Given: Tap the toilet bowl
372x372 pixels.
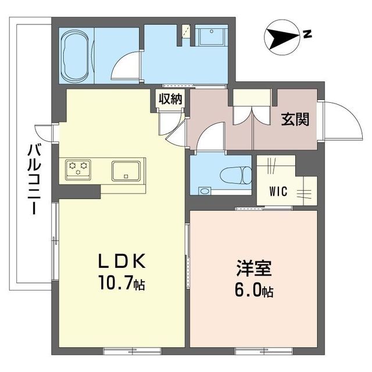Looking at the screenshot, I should coord(239,174).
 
